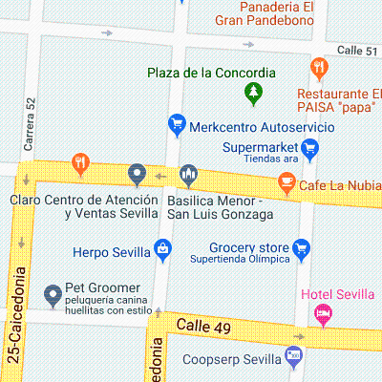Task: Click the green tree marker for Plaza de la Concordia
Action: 253,93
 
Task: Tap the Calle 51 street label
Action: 356,51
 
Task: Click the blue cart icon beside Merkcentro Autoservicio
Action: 176,124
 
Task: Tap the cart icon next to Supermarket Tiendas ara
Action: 308,149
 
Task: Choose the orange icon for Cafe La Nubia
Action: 285,181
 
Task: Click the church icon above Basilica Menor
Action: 188,175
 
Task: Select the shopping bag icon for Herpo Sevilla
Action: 164,251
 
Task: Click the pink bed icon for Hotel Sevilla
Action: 324,312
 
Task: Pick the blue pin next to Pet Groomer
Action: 53,293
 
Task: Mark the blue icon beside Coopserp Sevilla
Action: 292,359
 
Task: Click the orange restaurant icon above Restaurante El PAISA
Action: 319,69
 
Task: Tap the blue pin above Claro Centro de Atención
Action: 138,175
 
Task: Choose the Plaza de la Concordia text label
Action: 211,73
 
